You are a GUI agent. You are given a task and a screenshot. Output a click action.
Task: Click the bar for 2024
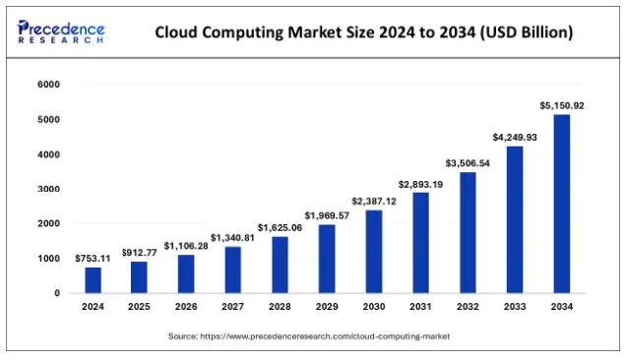click(x=93, y=280)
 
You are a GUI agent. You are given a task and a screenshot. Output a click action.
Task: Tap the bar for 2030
click(x=374, y=252)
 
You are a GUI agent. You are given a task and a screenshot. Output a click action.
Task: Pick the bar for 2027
click(x=233, y=270)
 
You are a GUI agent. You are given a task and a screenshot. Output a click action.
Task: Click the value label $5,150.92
click(x=561, y=105)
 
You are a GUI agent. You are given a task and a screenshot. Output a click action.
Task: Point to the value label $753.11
click(x=93, y=258)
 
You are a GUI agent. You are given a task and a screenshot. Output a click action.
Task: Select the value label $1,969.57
click(x=327, y=215)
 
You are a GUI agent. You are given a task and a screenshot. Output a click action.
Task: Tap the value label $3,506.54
click(x=468, y=162)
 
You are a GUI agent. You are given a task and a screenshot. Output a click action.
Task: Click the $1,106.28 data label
click(x=186, y=245)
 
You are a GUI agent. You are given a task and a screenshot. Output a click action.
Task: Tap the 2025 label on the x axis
click(x=140, y=307)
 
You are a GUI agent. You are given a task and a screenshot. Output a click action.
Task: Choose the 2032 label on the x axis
click(x=468, y=307)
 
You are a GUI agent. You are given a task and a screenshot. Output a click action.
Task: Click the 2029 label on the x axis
click(x=327, y=307)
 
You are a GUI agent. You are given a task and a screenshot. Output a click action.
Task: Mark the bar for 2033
click(x=515, y=219)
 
